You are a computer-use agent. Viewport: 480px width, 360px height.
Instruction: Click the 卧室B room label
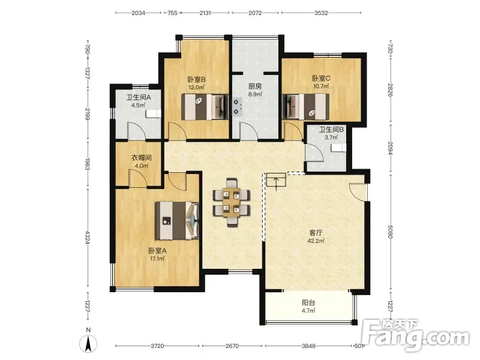[197, 80]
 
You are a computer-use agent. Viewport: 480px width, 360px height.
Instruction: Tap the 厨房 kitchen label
[255, 86]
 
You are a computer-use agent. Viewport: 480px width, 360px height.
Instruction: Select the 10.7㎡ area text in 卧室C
[322, 86]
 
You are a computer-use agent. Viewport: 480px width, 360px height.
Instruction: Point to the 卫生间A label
[139, 98]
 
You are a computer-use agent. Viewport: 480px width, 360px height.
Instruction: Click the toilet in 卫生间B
[339, 148]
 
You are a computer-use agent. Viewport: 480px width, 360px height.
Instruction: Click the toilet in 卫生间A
[154, 113]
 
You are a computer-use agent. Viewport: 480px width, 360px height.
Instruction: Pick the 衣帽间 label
[142, 158]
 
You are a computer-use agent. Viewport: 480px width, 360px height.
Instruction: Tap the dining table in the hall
[232, 202]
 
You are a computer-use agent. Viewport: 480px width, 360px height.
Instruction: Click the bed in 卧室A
[177, 220]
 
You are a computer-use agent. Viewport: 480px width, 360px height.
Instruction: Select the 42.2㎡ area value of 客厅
[316, 241]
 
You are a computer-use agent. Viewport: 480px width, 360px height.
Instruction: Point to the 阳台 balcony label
[308, 303]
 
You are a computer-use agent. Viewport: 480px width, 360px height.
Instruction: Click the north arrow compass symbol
[88, 341]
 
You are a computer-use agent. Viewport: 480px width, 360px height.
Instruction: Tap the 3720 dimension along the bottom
[157, 346]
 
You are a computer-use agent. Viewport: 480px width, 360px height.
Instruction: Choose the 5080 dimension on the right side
[390, 232]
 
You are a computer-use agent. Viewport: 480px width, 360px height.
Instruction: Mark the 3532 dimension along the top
[321, 13]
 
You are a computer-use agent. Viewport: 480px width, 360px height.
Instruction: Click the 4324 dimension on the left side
[88, 238]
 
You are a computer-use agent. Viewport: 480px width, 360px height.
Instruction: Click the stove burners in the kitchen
[236, 107]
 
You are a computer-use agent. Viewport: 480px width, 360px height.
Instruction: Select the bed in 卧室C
[305, 107]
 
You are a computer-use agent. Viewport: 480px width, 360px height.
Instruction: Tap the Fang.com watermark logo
[415, 335]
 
